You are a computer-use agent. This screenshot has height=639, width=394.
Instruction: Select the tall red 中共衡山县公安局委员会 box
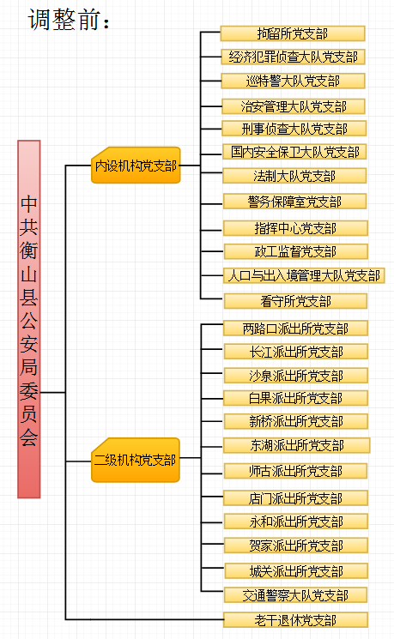click(x=29, y=319)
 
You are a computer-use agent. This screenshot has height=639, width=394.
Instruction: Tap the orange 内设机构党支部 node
click(x=136, y=165)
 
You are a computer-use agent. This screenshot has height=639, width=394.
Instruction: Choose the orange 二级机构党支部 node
click(x=136, y=460)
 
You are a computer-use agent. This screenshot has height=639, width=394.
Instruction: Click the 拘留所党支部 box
click(x=293, y=33)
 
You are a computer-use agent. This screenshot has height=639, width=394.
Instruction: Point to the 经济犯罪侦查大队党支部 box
click(x=293, y=57)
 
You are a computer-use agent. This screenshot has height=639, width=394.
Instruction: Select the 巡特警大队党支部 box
click(x=293, y=81)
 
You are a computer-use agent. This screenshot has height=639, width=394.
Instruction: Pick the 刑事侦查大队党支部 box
click(x=294, y=129)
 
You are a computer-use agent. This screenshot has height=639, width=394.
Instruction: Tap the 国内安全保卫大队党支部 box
click(x=294, y=152)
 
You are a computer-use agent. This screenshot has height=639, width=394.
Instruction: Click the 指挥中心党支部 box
click(x=295, y=228)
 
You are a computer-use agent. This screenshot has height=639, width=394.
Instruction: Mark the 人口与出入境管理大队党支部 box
click(x=304, y=275)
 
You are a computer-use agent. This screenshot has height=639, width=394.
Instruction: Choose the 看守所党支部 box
click(x=295, y=301)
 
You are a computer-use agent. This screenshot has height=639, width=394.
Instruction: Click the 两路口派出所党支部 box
click(x=295, y=328)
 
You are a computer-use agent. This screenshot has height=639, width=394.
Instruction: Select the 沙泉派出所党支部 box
click(x=295, y=376)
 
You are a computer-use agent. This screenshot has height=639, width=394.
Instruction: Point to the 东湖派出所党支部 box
click(x=296, y=445)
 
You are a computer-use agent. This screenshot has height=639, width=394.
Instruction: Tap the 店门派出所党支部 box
click(x=295, y=498)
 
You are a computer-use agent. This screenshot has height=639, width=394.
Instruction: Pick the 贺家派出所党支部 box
click(x=295, y=546)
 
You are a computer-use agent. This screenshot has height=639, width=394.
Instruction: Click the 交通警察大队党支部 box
click(x=295, y=595)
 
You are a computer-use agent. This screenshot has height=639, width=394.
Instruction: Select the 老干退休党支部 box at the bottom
click(x=295, y=620)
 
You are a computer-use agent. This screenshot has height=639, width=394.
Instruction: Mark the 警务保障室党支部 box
click(x=294, y=202)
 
